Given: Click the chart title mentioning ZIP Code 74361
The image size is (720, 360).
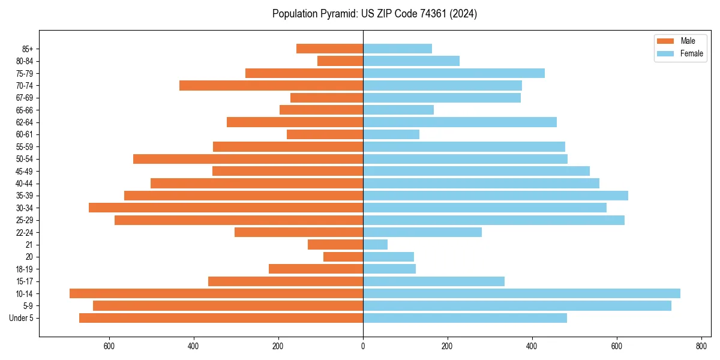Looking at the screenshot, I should (x=374, y=14).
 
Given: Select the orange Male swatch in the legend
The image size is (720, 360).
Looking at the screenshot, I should (x=665, y=41).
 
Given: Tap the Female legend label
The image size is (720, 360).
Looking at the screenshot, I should (x=691, y=53).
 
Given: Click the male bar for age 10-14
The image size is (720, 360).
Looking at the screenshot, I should (x=216, y=293).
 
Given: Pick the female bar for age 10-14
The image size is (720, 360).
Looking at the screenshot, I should (x=521, y=293).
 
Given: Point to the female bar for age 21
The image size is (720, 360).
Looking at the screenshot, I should (x=375, y=244).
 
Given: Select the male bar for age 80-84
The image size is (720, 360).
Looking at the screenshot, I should (x=340, y=61).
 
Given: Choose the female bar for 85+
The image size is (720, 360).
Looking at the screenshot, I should (x=397, y=49).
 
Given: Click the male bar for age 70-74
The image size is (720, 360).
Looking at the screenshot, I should (x=271, y=85).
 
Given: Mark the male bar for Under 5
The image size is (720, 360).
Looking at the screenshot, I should (x=221, y=318).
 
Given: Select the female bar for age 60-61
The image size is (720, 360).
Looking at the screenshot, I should (x=391, y=134).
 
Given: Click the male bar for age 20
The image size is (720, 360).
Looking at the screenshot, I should (x=343, y=257).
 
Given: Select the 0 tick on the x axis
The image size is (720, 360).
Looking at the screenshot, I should (x=363, y=346).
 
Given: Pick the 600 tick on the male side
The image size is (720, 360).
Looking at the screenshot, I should (x=109, y=346).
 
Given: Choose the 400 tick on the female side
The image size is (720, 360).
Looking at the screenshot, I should (x=532, y=346).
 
